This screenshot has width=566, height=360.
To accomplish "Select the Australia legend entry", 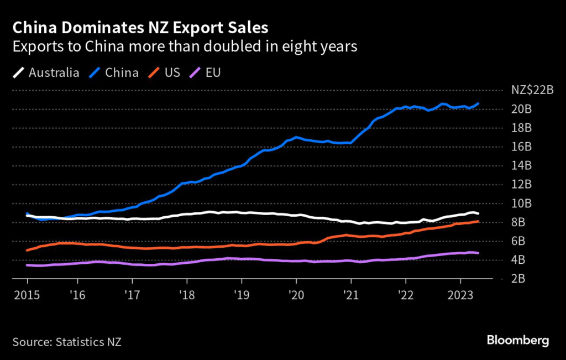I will [x=46, y=72].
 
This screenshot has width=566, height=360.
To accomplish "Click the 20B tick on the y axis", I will [x=521, y=109].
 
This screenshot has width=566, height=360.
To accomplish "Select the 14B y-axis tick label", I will [x=521, y=166].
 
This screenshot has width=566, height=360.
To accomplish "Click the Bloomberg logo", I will [x=517, y=340].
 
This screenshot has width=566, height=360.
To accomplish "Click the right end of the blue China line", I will [x=479, y=103].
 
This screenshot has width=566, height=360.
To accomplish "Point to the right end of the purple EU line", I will [x=479, y=253].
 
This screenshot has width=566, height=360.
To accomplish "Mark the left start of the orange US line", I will [x=27, y=251].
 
